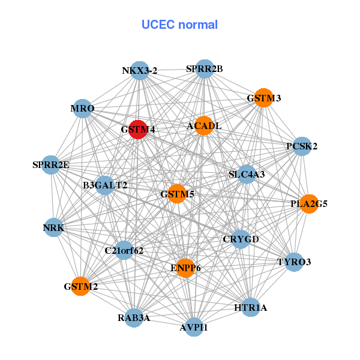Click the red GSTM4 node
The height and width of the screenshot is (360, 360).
pyautogui.click(x=139, y=129)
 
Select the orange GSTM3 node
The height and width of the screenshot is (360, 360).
pyautogui.click(x=263, y=98)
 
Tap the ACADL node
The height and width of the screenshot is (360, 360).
pyautogui.click(x=204, y=125)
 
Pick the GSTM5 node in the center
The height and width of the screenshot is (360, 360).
pyautogui.click(x=176, y=194)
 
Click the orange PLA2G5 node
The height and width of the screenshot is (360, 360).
pyautogui.click(x=309, y=204)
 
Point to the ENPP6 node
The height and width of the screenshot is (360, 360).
pyautogui.click(x=185, y=268)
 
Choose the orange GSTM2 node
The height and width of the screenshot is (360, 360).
pyautogui.click(x=81, y=286)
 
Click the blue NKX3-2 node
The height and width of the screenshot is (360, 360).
pyautogui.click(x=139, y=70)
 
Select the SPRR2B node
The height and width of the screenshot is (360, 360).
pyautogui.click(x=205, y=68)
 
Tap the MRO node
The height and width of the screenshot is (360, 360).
pyautogui.click(x=82, y=109)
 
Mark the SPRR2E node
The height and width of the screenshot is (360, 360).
pyautogui.click(x=51, y=164)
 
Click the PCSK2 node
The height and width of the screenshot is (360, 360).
pyautogui.click(x=302, y=146)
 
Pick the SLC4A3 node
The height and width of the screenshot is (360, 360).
pyautogui.click(x=247, y=175)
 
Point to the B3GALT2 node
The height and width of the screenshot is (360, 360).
pyautogui.click(x=105, y=185)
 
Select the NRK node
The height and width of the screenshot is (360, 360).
pyautogui.click(x=53, y=227)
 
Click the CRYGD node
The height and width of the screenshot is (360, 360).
pyautogui.click(x=241, y=239)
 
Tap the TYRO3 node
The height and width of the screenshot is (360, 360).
pyautogui.click(x=294, y=262)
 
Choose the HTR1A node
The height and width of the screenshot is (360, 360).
pyautogui.click(x=251, y=308)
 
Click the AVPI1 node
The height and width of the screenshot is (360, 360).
pyautogui.click(x=194, y=327)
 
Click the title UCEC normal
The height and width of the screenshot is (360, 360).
pyautogui.click(x=179, y=25)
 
